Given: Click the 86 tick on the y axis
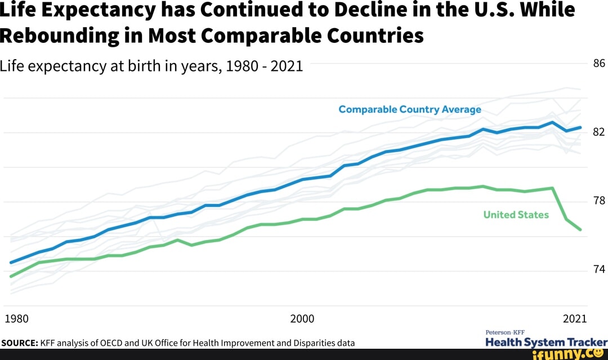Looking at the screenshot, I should (x=598, y=64).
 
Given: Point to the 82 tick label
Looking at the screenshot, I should (x=598, y=132).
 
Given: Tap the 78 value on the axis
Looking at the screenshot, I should (x=598, y=201).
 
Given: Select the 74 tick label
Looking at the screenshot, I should (x=598, y=270).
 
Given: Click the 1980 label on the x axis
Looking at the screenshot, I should (x=16, y=319).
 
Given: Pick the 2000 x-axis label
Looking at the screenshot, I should (x=302, y=319).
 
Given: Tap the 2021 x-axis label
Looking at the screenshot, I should (x=575, y=319).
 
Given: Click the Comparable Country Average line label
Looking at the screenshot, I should (x=409, y=109).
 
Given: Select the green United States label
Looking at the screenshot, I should (x=516, y=215).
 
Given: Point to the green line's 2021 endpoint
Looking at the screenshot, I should (x=580, y=230).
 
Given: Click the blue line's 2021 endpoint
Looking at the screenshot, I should (x=580, y=127).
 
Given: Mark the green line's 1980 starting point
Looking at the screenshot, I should (x=11, y=276).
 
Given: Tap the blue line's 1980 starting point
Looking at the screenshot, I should (x=11, y=263).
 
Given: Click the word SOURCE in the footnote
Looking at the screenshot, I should (x=19, y=343).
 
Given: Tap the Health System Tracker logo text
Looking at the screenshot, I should (x=546, y=343).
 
